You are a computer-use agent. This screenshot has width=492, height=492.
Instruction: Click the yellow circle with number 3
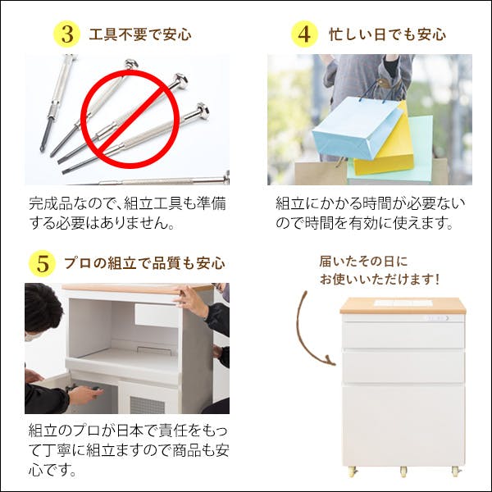(x=66, y=34)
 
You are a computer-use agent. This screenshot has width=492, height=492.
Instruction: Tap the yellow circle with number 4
(x=304, y=34)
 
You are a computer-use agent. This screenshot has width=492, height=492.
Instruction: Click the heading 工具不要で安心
(x=139, y=34)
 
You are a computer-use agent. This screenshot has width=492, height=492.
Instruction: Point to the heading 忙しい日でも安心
(x=387, y=34)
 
